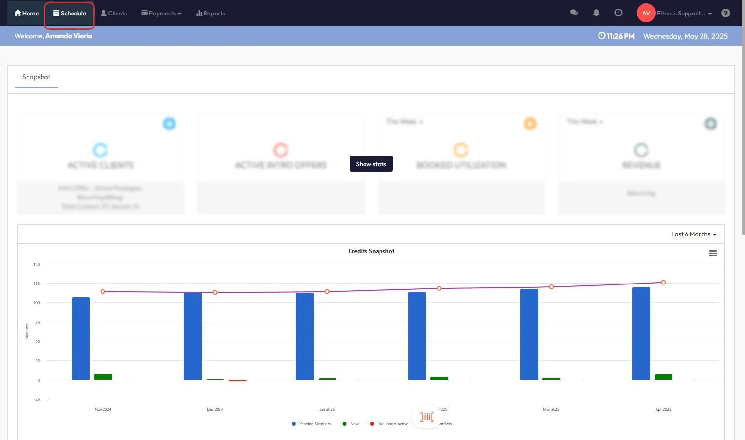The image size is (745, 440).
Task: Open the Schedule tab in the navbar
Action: click(70, 14)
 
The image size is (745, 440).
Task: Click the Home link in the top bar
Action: click(27, 14)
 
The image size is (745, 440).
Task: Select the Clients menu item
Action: click(114, 14)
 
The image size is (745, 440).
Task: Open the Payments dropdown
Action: click(161, 14)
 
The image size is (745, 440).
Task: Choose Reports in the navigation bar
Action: click(211, 14)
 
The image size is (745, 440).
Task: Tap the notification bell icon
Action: click(596, 13)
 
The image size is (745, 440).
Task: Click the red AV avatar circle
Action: click(646, 13)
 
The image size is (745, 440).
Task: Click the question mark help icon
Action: click(725, 13)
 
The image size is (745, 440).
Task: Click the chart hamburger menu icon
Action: click(713, 254)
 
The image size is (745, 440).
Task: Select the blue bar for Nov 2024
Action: click(81, 338)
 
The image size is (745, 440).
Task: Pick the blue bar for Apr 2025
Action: click(641, 333)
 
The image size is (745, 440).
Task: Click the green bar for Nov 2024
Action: click(103, 377)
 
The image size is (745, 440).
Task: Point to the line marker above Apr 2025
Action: click(663, 283)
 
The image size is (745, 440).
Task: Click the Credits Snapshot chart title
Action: click(371, 251)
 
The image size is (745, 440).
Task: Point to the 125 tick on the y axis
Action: click(37, 284)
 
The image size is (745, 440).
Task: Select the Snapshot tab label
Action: click(36, 77)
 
